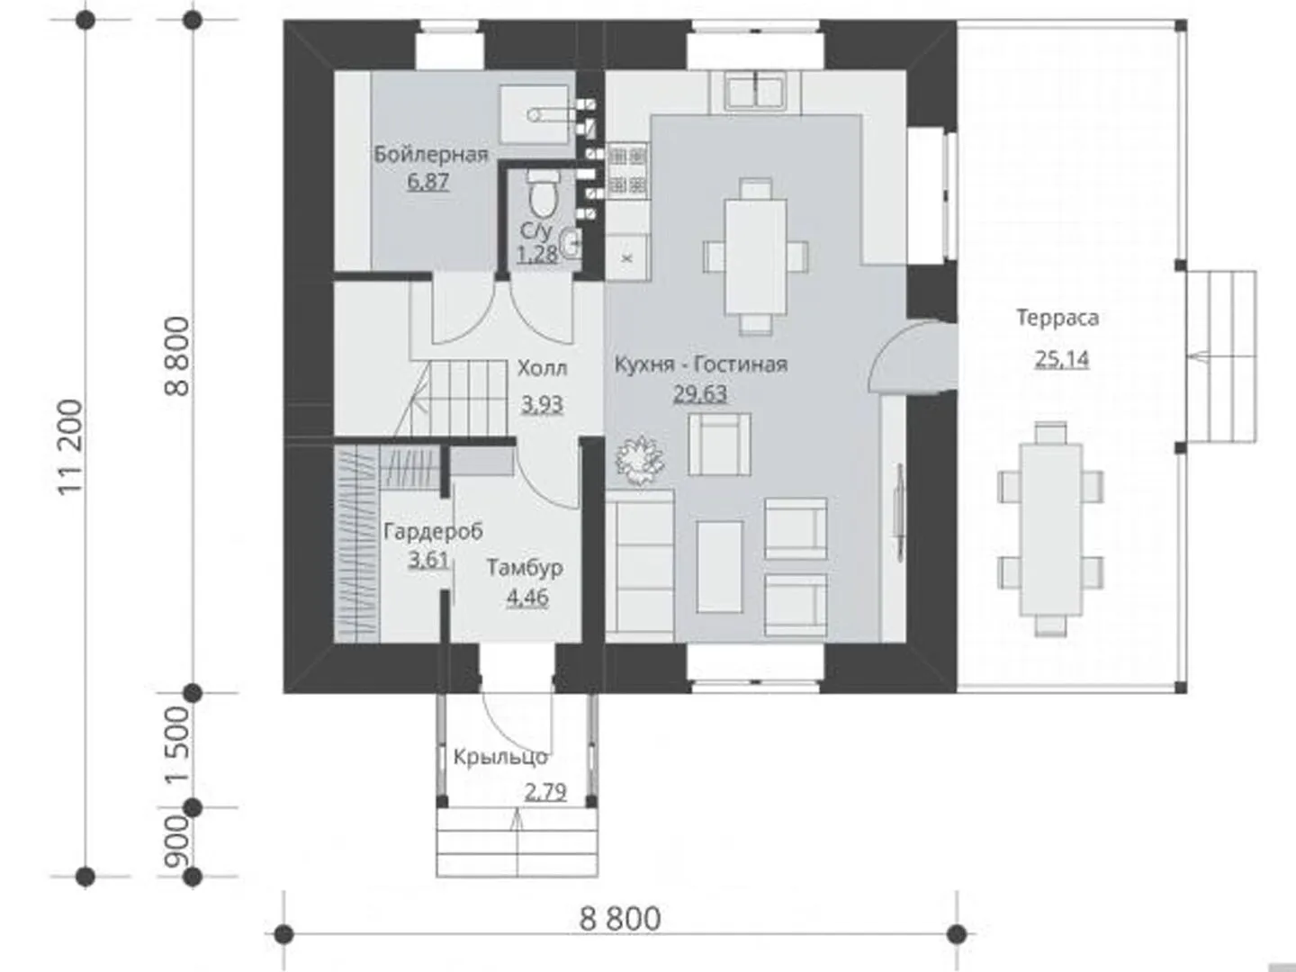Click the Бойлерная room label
click(431, 155)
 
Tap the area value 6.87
click(428, 181)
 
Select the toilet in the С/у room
click(543, 193)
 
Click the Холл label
click(542, 368)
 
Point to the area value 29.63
click(700, 393)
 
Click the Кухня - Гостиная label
click(701, 364)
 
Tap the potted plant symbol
click(639, 460)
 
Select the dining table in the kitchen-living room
click(756, 256)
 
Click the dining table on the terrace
click(1050, 529)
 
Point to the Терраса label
click(1057, 318)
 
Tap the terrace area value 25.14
click(1062, 359)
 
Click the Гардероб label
click(434, 531)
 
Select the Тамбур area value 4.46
click(527, 598)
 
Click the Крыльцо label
click(500, 757)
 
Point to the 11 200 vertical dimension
click(71, 447)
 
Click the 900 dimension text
click(177, 842)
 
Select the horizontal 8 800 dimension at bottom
click(620, 919)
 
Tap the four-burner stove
click(628, 172)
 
